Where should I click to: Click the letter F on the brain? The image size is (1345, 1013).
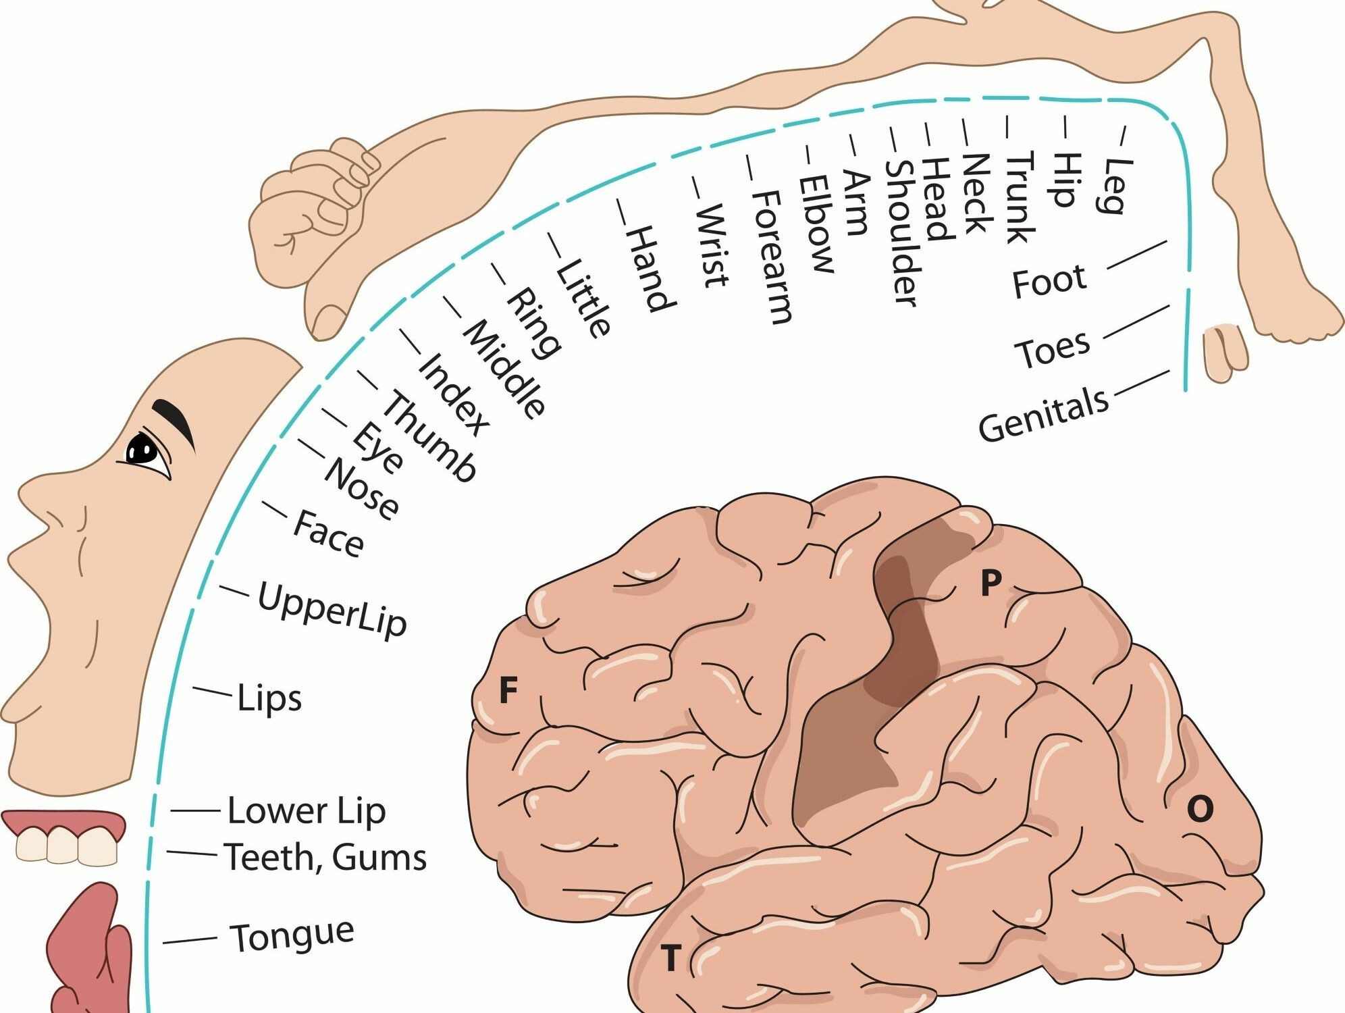(x=508, y=691)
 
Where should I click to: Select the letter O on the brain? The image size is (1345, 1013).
(x=1200, y=808)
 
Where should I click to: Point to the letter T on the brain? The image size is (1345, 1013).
(x=670, y=958)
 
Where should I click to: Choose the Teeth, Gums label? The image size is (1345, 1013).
(x=325, y=857)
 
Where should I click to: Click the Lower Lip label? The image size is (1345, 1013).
(x=306, y=810)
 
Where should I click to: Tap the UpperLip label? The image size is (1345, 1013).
(x=332, y=610)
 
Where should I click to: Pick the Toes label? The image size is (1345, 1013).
(x=1052, y=349)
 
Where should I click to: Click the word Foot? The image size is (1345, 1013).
(x=1049, y=280)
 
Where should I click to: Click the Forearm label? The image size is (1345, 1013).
(x=771, y=257)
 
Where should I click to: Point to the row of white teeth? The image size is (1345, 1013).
(x=66, y=846)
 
